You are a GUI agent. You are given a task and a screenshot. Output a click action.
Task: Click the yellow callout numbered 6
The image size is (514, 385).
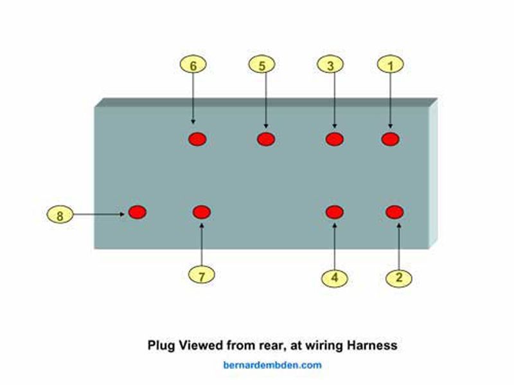193,64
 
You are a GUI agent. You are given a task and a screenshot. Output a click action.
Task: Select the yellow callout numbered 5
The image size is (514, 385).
261,64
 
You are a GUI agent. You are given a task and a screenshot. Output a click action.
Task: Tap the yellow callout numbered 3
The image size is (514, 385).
330,64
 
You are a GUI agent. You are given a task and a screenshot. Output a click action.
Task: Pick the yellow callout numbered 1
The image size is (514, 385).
390,64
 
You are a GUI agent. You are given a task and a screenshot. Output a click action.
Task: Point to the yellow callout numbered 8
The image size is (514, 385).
60,216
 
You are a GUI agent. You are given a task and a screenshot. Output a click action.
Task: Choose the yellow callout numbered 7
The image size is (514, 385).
202,276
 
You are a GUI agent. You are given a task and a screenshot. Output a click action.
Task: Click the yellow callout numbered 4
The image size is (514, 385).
335,278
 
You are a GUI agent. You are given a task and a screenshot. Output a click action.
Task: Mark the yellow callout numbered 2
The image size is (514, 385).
400,278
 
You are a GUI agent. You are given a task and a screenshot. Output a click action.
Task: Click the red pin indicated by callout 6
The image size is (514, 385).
197,139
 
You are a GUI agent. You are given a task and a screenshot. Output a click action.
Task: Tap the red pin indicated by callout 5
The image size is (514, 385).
265,139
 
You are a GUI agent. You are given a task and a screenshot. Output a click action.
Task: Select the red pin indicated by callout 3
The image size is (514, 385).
334,139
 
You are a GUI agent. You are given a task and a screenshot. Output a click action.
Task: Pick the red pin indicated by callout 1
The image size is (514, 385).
391,139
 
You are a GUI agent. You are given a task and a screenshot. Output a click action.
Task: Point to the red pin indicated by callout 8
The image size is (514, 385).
137,212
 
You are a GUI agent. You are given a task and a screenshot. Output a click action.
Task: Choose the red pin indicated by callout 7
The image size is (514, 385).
202,212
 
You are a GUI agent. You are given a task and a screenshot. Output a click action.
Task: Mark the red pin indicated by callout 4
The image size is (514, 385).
335,212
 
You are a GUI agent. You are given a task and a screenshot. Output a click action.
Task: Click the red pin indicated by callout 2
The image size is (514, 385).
394,212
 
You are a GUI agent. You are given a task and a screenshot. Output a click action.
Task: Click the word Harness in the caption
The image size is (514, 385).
371,345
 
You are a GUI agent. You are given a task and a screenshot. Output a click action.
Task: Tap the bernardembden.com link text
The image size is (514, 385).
272,365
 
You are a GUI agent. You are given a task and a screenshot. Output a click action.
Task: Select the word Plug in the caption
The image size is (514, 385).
160,345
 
